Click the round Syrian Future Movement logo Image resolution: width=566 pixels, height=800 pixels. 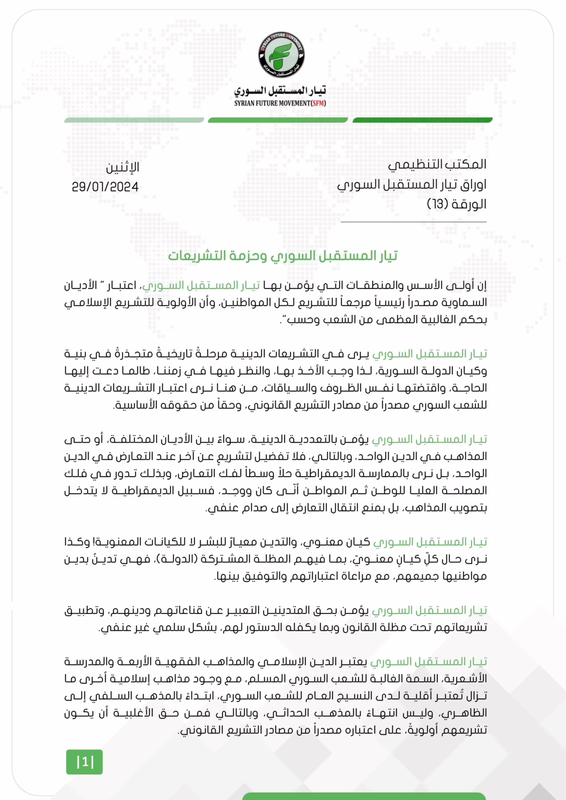281,55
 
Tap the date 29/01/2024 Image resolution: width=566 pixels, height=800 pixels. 105,187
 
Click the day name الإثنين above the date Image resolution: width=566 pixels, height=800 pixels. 122,168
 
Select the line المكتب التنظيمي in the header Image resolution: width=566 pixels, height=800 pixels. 437,165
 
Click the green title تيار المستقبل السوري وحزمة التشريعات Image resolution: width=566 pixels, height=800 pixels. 282,256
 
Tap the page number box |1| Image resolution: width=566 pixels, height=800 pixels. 84,762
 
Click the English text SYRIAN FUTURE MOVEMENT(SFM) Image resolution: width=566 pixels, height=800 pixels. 280,103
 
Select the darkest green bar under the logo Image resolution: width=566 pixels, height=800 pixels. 422,120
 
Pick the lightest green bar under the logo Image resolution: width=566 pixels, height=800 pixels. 134,120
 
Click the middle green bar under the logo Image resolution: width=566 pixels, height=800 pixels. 277,120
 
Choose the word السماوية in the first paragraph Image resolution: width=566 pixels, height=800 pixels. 465,303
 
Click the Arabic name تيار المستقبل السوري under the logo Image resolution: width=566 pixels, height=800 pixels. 280,91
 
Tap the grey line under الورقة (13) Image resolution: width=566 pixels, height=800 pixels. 413,222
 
